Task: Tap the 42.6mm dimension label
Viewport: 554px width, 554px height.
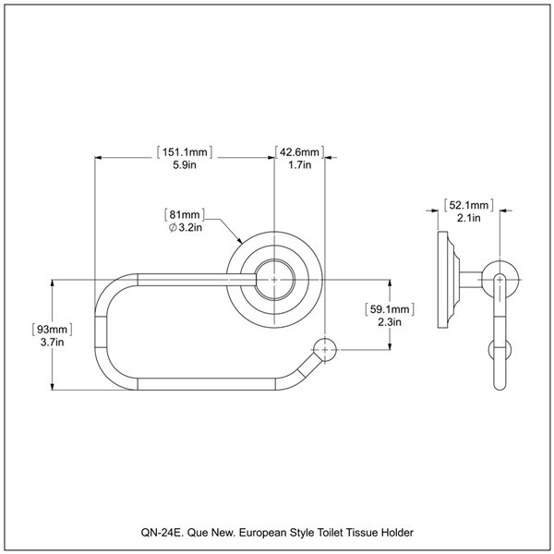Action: coord(299,152)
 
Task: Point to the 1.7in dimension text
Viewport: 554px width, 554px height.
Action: coord(299,165)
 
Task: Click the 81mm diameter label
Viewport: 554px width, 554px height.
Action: coord(184,213)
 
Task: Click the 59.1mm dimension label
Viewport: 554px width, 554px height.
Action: coord(389,309)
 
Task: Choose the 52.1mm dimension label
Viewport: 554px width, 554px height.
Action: coord(465,204)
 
